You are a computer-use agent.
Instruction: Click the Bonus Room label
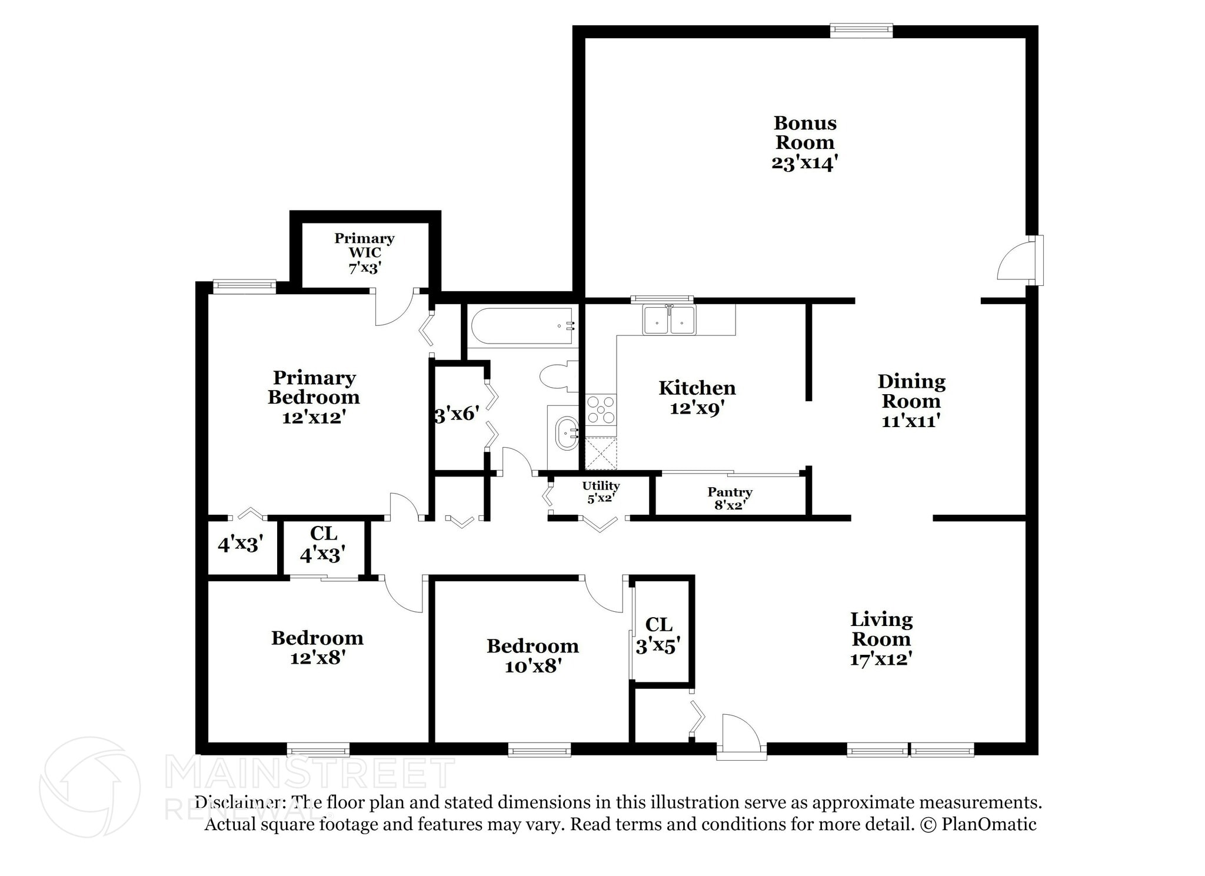coord(804,133)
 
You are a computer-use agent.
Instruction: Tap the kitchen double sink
coord(669,320)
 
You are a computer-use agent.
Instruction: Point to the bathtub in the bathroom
coord(521,327)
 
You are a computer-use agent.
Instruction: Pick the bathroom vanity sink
coord(567,433)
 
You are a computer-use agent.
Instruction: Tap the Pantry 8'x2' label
coord(730,498)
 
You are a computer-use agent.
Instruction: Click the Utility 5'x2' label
coord(601,491)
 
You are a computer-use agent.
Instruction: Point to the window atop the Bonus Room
coord(861,30)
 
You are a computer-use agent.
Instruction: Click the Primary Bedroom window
coord(244,287)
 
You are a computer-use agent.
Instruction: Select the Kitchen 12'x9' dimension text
coord(697,408)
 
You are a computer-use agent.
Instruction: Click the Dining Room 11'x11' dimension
coord(911,421)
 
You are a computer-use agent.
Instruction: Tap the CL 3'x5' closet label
coord(658,635)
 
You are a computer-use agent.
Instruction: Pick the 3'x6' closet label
coord(457,414)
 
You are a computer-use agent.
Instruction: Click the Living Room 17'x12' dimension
coord(881,659)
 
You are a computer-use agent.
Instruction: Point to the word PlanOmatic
coord(988,824)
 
